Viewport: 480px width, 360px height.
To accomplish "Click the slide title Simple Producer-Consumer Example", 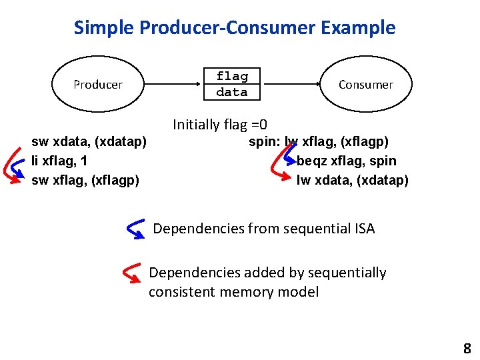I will coord(234,28).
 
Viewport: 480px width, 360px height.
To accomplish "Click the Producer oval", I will coord(98,85).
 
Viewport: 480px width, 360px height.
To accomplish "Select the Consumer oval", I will coord(365,85).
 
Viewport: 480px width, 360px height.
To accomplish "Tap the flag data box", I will coord(232,85).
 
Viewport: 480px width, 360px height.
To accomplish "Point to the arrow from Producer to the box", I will coord(173,85).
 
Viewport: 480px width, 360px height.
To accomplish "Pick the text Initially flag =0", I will coord(220,124).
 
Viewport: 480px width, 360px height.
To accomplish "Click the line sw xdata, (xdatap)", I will coord(89,141).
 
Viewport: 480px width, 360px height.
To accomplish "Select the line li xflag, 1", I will coord(60,161).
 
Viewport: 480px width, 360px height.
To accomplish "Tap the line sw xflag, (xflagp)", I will coord(85,180).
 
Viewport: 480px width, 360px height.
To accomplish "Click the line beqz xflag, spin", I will coord(347,161).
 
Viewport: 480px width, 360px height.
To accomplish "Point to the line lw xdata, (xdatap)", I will coord(352,180).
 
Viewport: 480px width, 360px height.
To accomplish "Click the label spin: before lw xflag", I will coord(265,141).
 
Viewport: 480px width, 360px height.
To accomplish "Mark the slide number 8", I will coord(467,348).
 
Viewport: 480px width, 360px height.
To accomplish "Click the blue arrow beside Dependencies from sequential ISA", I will coord(135,229).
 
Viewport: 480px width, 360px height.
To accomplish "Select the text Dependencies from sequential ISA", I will coord(264,229).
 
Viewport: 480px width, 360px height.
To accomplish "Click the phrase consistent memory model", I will coord(233,292).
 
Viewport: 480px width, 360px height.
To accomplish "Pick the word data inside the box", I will coord(232,92).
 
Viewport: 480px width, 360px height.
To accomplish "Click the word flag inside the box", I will coord(232,76).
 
